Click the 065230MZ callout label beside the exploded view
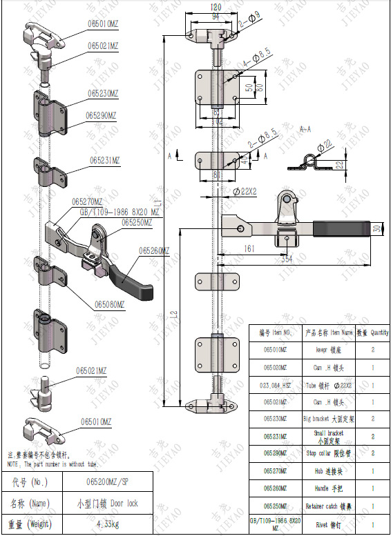[103, 93]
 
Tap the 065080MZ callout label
[109, 304]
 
